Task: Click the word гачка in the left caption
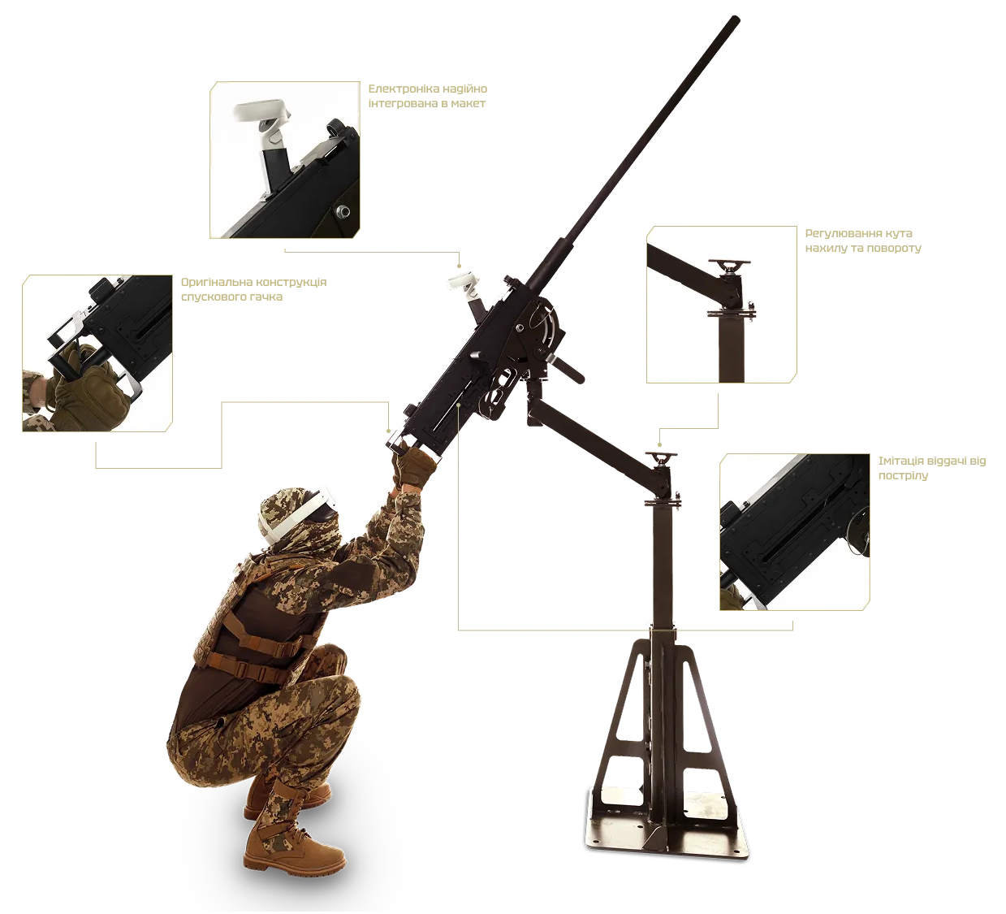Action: (x=267, y=297)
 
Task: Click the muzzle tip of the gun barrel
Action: (x=736, y=19)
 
